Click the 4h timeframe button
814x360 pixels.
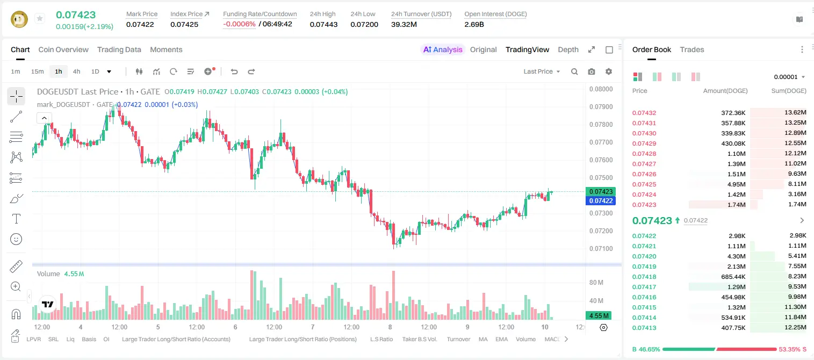(76, 71)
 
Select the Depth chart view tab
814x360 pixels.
(568, 49)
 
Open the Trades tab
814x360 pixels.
(692, 49)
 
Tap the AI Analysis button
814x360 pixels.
(443, 49)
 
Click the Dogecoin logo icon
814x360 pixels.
(19, 19)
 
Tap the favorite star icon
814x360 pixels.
(40, 18)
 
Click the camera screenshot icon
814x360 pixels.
(592, 71)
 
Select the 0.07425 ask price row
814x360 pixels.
(644, 184)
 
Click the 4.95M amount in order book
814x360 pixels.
(736, 184)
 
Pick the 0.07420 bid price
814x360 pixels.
(644, 256)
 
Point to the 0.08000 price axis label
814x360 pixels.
(601, 89)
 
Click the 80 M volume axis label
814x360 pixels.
(596, 282)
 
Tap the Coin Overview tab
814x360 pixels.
(63, 49)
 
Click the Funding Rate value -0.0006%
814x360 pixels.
(239, 24)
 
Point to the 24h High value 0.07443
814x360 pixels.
(323, 24)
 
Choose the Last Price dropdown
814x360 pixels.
(542, 71)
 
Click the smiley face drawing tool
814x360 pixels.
(16, 239)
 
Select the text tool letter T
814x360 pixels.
(16, 219)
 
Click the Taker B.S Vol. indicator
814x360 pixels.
(419, 339)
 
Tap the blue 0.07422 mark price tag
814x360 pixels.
(601, 200)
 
